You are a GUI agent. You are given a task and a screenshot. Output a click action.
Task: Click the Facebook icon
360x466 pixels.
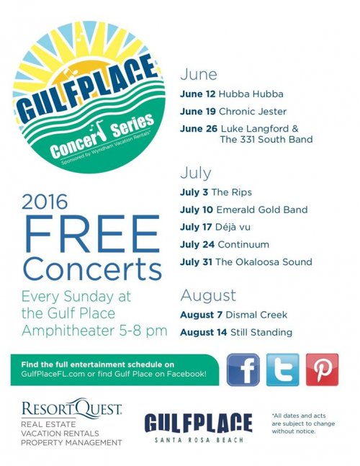pyautogui.click(x=243, y=369)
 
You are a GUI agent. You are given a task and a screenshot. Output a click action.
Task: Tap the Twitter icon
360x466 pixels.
pyautogui.click(x=282, y=369)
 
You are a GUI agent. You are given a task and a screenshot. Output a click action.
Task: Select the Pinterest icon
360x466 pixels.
pyautogui.click(x=323, y=369)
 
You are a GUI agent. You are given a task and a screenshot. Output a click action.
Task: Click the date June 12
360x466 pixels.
pyautogui.click(x=197, y=94)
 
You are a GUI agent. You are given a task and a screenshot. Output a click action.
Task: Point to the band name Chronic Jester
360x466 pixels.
pyautogui.click(x=253, y=112)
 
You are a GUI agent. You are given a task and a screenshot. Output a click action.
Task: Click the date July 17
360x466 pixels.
pyautogui.click(x=196, y=228)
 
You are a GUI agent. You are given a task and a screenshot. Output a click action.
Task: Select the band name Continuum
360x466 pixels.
pyautogui.click(x=243, y=245)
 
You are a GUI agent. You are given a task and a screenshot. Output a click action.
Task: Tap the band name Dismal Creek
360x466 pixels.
pyautogui.click(x=256, y=315)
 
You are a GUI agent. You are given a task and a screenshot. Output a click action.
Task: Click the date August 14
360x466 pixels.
pyautogui.click(x=204, y=332)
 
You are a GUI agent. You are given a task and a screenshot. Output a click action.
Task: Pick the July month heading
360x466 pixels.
pyautogui.click(x=196, y=173)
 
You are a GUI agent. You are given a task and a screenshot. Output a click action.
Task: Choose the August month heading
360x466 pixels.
pyautogui.click(x=208, y=296)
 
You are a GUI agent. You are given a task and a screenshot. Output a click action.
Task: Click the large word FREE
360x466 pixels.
pyautogui.click(x=92, y=234)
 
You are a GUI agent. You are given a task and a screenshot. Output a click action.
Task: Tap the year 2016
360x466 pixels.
pyautogui.click(x=45, y=202)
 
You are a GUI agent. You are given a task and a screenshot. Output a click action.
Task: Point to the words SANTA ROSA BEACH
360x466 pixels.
pyautogui.click(x=199, y=439)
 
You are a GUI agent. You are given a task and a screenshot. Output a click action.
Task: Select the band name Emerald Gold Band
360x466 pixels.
pyautogui.click(x=262, y=210)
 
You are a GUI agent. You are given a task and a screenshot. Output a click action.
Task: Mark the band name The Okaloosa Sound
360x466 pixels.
pyautogui.click(x=264, y=262)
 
